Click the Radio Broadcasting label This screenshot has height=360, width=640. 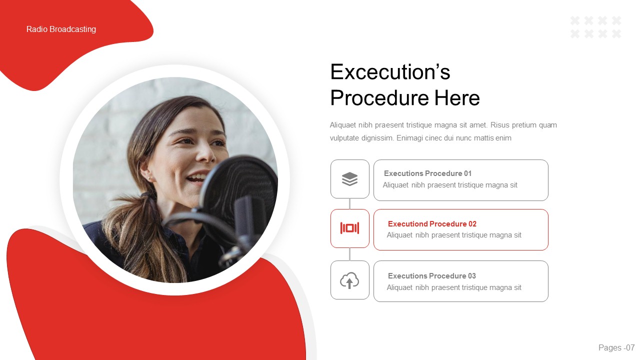(x=61, y=29)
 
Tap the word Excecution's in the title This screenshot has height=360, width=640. (x=390, y=72)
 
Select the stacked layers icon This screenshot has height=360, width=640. (x=349, y=178)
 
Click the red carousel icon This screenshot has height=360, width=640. (x=349, y=228)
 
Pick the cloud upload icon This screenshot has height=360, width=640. (x=349, y=280)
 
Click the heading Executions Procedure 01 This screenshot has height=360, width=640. (x=427, y=173)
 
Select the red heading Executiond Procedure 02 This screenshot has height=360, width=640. (x=432, y=224)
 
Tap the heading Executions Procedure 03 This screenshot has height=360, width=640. (x=431, y=276)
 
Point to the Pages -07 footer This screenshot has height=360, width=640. (x=616, y=347)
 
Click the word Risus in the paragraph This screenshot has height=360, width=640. (x=501, y=125)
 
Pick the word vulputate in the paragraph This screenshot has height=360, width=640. (x=346, y=138)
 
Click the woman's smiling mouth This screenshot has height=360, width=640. (x=196, y=178)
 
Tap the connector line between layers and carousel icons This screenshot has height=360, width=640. (x=349, y=203)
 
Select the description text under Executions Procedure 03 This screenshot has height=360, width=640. (x=453, y=287)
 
